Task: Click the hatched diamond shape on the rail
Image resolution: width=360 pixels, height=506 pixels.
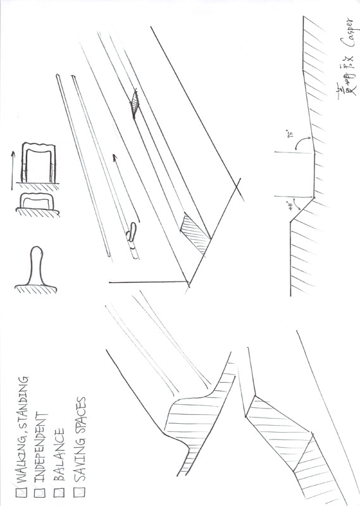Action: pyautogui.click(x=137, y=104)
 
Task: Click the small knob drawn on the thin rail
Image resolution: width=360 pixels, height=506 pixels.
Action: pyautogui.click(x=132, y=235)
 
